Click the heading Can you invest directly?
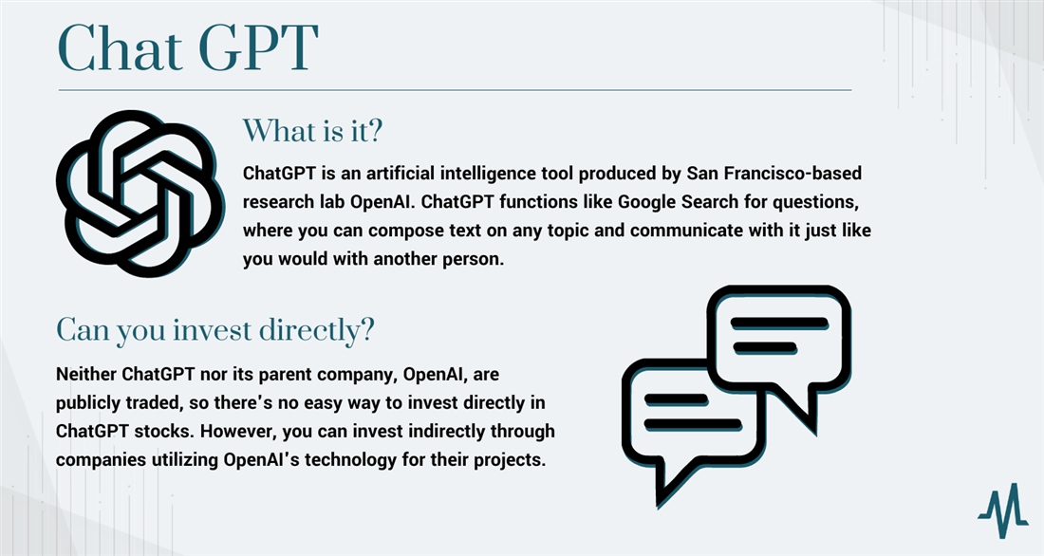(214, 331)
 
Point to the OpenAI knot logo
(140, 193)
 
